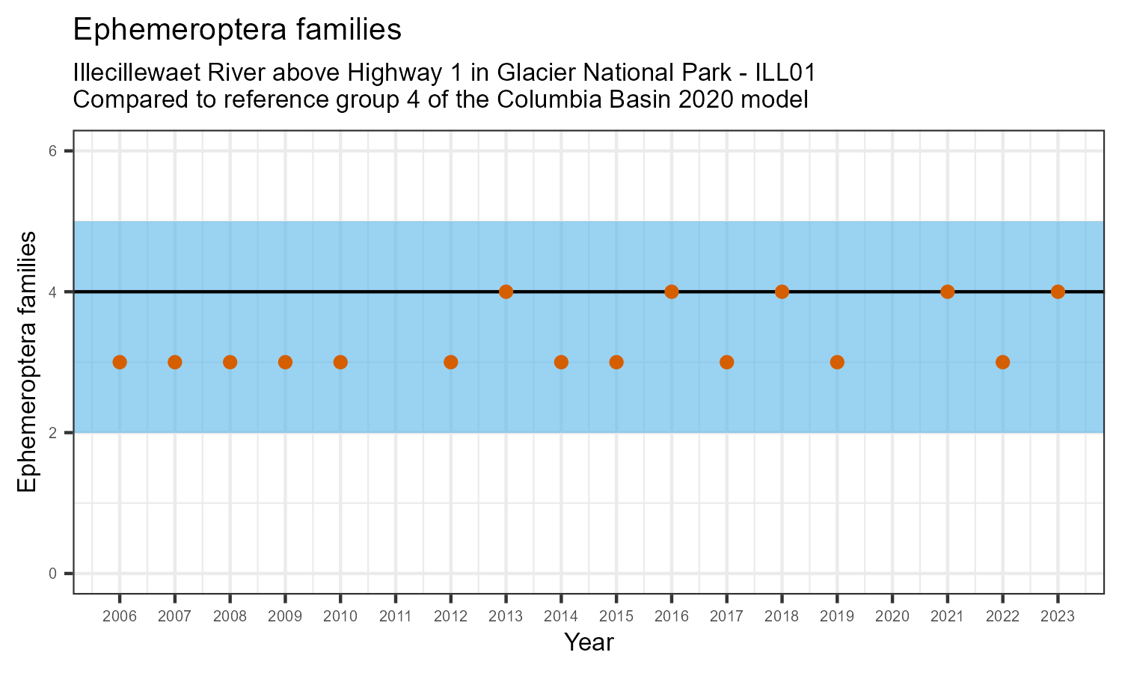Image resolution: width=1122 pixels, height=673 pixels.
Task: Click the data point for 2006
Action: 120,362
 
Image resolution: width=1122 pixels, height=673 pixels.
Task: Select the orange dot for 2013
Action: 506,292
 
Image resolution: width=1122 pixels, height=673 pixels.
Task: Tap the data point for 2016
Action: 672,292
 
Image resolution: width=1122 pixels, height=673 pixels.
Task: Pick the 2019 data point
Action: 837,362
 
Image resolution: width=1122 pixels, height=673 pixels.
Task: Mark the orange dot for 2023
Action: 1058,292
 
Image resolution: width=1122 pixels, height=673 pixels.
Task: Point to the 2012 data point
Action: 450,362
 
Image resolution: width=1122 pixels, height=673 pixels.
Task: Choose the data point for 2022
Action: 1002,362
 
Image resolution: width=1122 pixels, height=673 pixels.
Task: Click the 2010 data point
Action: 340,362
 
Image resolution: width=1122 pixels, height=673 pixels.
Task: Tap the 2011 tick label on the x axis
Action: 396,617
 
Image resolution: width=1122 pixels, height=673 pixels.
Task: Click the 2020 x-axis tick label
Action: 892,617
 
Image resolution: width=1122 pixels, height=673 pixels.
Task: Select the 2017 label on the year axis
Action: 726,617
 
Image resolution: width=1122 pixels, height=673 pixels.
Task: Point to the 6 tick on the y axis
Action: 53,151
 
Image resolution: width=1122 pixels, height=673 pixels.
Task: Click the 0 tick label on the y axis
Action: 53,574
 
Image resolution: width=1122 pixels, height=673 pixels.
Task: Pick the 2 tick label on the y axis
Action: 53,433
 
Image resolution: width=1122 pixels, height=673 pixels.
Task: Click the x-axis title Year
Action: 589,642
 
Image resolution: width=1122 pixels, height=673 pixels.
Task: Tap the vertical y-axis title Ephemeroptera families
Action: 27,362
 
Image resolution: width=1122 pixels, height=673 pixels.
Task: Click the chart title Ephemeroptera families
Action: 237,30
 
